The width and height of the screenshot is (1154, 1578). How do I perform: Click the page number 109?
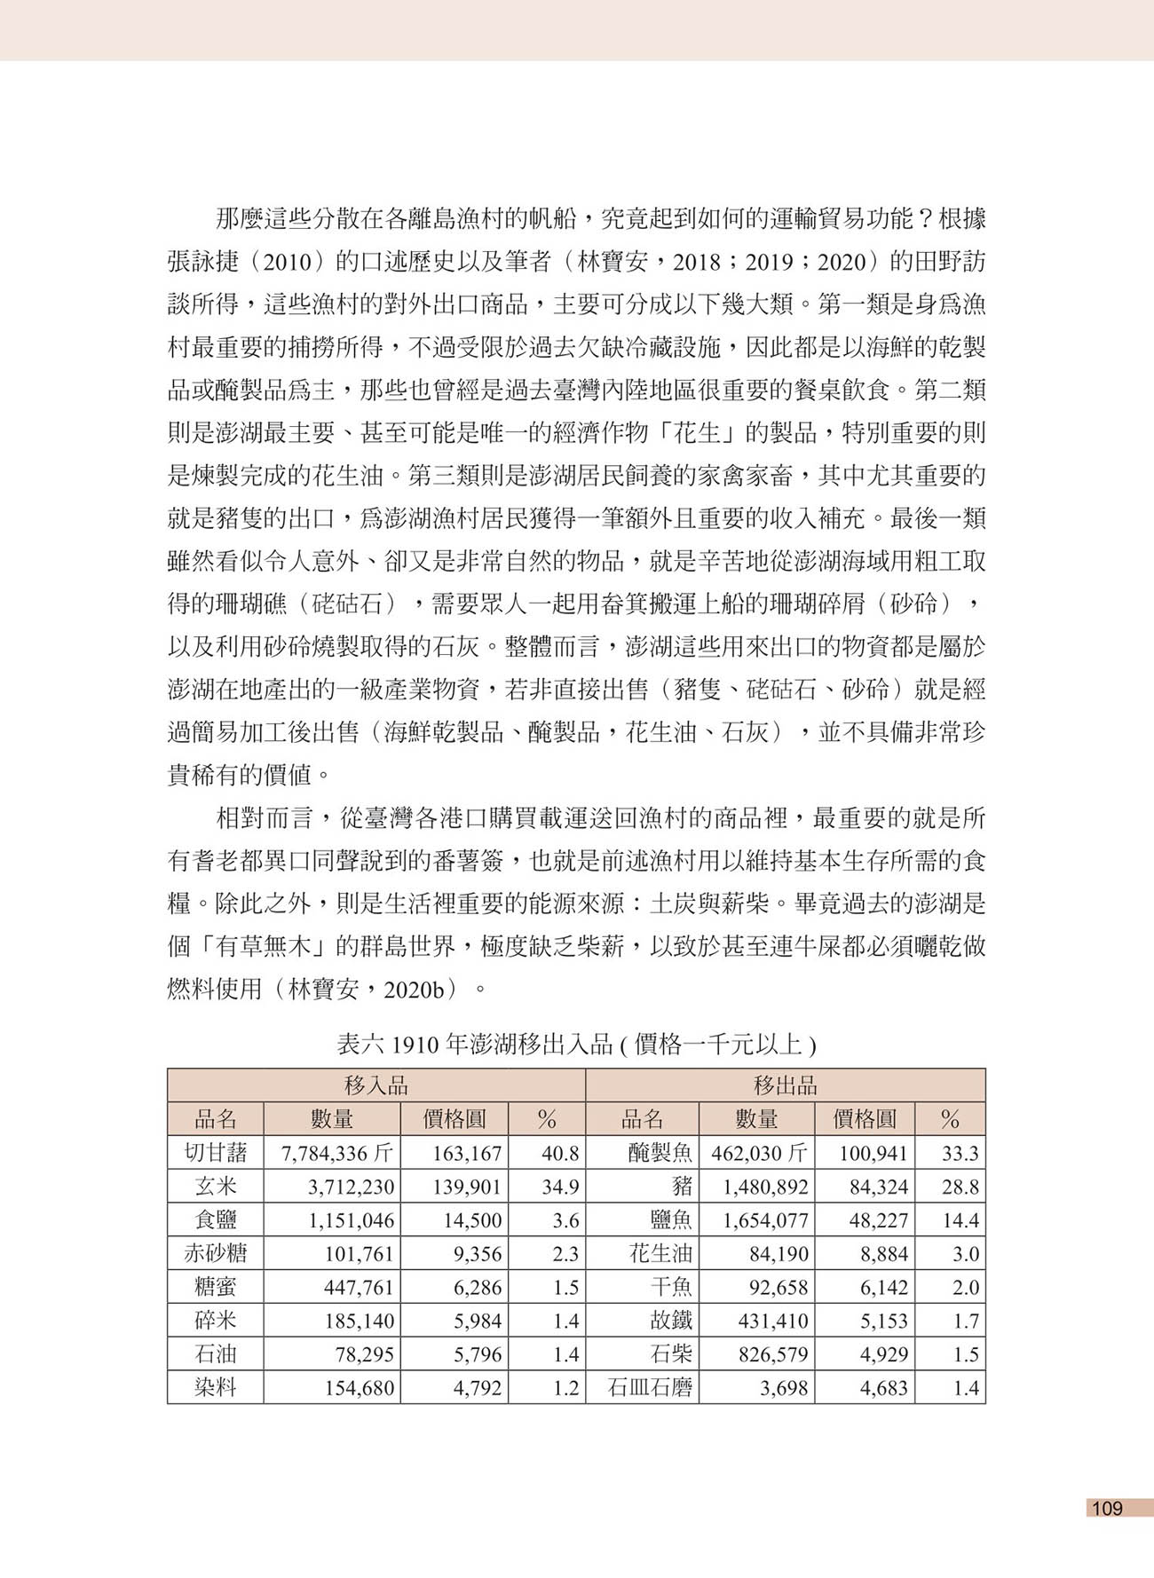tap(1107, 1508)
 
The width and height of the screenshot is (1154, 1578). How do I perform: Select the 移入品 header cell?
tap(375, 1085)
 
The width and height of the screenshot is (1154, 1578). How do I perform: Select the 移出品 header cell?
tap(785, 1085)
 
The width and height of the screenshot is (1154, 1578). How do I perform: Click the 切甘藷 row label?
tap(215, 1153)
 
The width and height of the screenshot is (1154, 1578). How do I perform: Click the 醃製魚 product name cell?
tap(660, 1154)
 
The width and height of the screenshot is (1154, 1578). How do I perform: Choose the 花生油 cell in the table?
tap(660, 1254)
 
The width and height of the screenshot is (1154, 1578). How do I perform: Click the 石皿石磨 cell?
tap(649, 1388)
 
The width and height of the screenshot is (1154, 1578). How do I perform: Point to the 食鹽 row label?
tap(215, 1220)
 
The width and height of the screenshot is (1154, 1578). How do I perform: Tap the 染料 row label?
tap(215, 1388)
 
